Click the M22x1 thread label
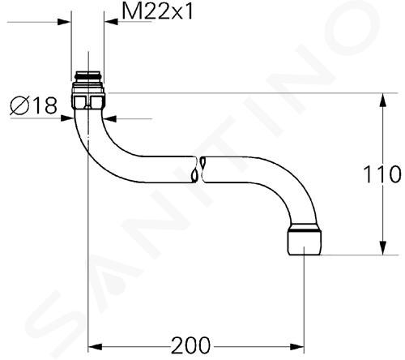[x=157, y=11]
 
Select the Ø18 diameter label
[x=33, y=105]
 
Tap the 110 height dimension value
[x=382, y=174]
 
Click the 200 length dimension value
[x=190, y=345]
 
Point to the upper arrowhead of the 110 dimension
[x=382, y=100]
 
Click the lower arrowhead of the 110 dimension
[x=382, y=248]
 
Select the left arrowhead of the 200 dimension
[x=95, y=346]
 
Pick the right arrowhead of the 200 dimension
[x=297, y=346]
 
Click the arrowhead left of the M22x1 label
[x=111, y=22]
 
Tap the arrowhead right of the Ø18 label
[x=110, y=118]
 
